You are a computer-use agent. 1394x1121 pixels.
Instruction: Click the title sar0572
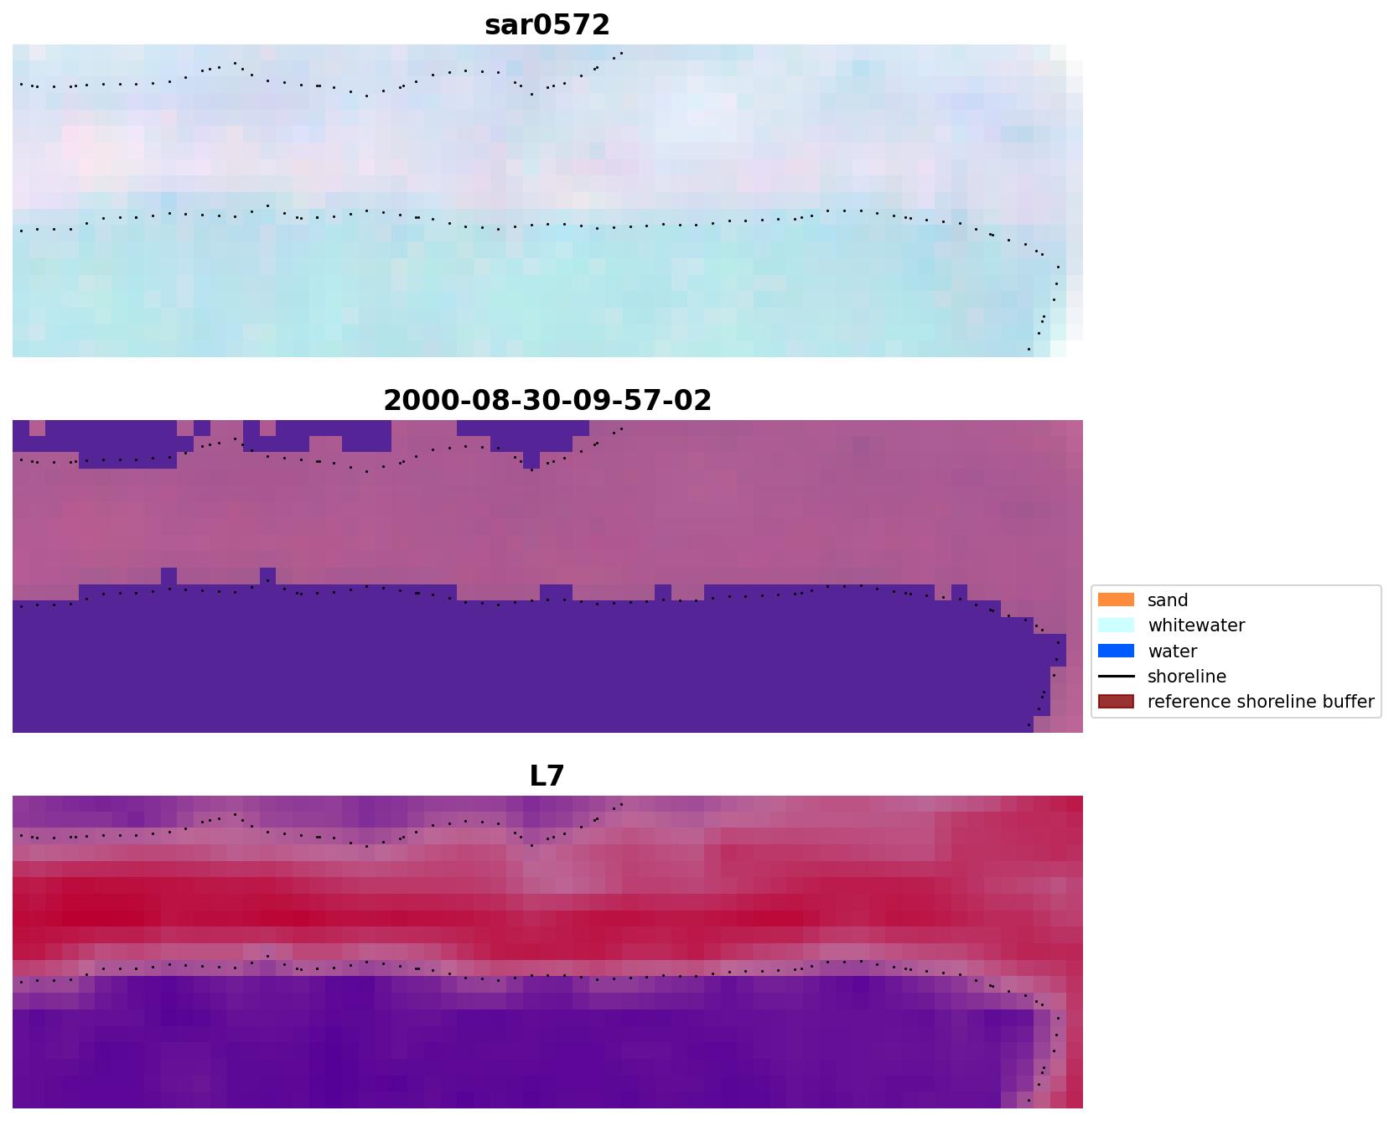point(547,25)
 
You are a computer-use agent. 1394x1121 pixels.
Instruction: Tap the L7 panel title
point(547,776)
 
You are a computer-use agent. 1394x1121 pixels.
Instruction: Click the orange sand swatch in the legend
point(1116,600)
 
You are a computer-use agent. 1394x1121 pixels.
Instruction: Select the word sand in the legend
point(1168,600)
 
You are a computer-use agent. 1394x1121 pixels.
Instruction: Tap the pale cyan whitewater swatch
point(1116,625)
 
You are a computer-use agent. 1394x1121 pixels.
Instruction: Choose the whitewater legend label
point(1196,625)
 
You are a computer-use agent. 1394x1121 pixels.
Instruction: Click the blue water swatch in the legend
point(1116,651)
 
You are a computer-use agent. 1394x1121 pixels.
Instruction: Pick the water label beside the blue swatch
point(1172,651)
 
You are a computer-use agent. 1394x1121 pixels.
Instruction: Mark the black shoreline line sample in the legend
point(1116,677)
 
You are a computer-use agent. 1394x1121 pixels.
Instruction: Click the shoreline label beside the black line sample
point(1186,677)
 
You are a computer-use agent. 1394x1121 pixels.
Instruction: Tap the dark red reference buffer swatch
point(1116,702)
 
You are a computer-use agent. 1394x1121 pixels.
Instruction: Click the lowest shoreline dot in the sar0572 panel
point(1029,349)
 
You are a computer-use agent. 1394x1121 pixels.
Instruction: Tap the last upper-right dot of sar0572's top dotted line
point(621,53)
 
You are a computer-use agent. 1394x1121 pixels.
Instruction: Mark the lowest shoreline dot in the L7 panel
point(1029,1100)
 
